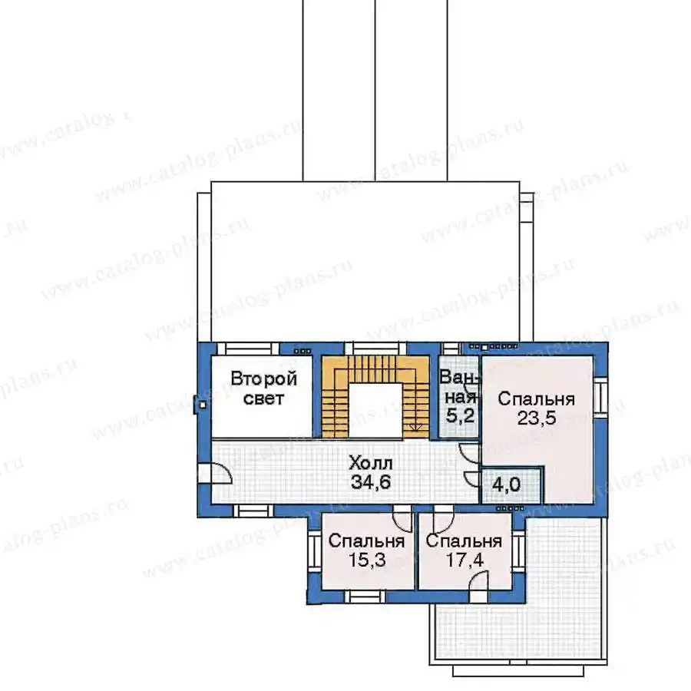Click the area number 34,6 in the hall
coord(371,481)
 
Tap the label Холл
coord(370,463)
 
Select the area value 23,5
coord(537,418)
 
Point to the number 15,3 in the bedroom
coord(367,560)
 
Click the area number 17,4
coord(465,560)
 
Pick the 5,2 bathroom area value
coord(460,415)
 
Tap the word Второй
coord(264,379)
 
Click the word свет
coord(263,398)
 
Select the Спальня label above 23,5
coord(537,398)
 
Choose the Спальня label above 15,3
coord(367,541)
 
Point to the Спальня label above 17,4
coord(464,541)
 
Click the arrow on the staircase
coord(415,427)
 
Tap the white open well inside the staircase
coord(375,411)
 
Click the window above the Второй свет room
coord(248,349)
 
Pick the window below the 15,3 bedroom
coord(365,597)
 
